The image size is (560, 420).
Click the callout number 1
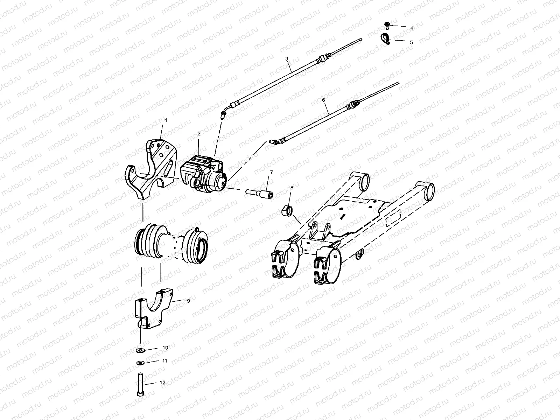tap(166, 120)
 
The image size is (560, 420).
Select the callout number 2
tap(199, 133)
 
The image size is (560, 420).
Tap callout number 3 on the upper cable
tap(287, 58)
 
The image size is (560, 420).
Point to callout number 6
tap(323, 100)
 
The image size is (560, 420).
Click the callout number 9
tap(188, 300)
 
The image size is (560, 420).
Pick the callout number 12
tap(162, 383)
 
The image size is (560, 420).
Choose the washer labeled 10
tap(141, 350)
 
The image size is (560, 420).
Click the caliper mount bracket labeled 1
tap(149, 168)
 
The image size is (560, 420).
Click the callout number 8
tap(292, 188)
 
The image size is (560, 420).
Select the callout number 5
tap(411, 42)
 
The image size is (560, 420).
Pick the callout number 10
tap(165, 348)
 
